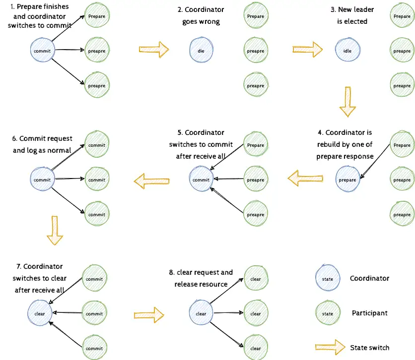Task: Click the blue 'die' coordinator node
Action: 202,51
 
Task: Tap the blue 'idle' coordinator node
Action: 347,51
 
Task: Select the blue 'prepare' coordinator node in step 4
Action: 347,180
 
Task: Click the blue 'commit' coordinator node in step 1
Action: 42,51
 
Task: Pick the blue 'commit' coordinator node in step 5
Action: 202,180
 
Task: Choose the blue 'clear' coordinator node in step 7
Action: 40,313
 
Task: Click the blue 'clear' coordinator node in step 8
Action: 201,313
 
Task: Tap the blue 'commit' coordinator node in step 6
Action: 42,180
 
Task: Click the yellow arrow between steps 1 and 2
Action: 153,49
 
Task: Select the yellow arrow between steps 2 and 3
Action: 307,49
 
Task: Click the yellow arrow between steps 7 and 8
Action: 149,314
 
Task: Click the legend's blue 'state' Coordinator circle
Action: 328,279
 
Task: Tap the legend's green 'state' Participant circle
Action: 328,314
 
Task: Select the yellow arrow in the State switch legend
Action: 330,347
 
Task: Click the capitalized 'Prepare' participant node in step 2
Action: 255,16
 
